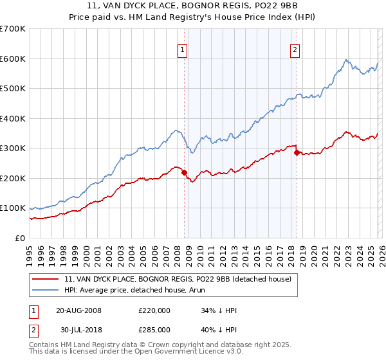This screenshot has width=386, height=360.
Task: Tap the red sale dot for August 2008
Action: pos(184,172)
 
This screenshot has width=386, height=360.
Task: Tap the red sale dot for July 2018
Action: pos(297,153)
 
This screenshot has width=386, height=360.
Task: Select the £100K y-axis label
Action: pos(13,208)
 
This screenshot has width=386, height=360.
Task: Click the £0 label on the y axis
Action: pos(19,238)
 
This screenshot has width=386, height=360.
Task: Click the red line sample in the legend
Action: pos(46,279)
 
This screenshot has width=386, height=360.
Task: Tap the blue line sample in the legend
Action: pos(46,290)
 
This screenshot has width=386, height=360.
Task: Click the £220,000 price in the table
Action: pos(154,310)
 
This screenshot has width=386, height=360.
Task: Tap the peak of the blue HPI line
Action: pos(345,60)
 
